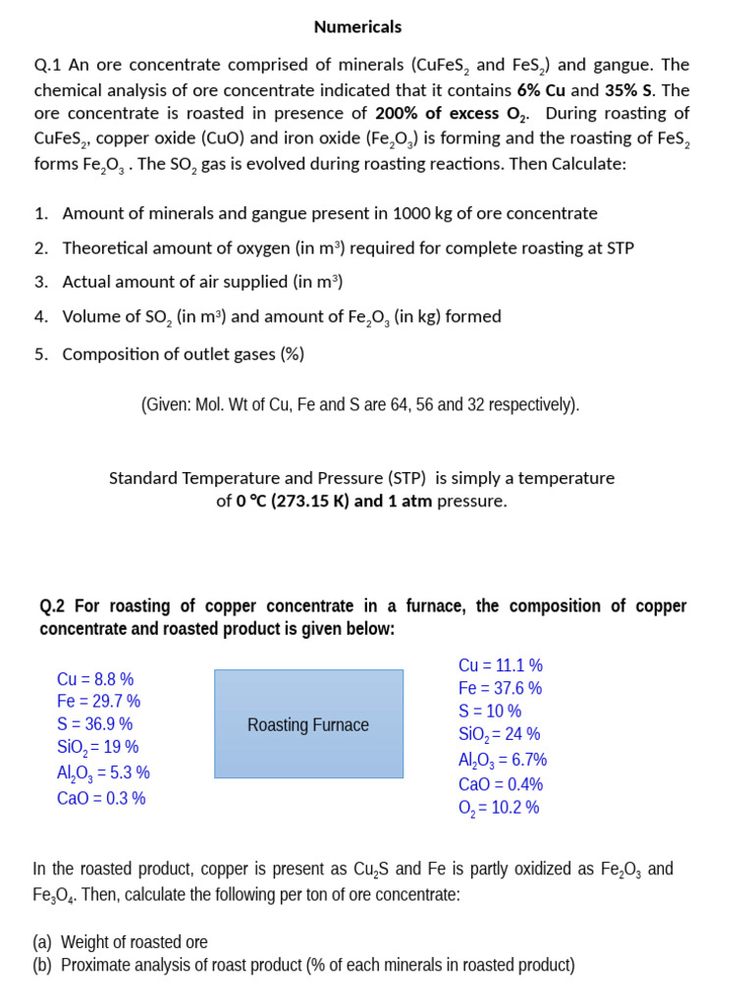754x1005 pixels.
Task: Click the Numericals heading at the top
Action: [357, 26]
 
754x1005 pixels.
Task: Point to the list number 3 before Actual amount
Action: [41, 282]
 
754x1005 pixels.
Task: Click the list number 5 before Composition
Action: [41, 354]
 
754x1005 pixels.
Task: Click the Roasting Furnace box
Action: [308, 724]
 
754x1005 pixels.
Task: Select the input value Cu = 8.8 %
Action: [95, 679]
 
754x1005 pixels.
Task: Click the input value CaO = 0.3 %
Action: [101, 798]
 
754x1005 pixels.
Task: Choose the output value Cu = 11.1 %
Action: [500, 665]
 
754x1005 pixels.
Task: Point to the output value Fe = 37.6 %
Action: [500, 688]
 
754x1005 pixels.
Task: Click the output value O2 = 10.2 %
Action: [498, 808]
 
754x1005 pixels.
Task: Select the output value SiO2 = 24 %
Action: [499, 734]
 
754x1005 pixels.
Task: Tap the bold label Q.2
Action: [54, 606]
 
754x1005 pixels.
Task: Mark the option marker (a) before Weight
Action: [43, 942]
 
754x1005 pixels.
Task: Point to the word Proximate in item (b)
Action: [96, 965]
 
